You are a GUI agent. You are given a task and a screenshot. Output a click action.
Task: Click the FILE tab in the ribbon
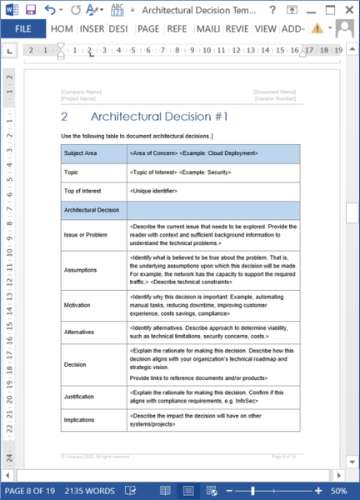pos(23,27)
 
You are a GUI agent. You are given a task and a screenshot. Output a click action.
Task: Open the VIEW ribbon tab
pos(266,27)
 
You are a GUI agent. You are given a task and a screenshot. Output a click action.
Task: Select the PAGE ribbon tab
pos(148,27)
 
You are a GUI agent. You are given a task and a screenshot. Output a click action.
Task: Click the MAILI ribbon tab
pos(207,27)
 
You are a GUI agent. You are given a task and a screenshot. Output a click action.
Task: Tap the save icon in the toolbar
pos(31,8)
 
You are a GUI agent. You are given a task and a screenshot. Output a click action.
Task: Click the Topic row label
pos(72,172)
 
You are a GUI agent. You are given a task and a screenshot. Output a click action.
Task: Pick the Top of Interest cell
pos(82,191)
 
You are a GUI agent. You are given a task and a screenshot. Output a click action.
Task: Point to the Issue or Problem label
pos(86,234)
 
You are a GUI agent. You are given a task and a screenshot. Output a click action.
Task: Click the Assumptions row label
pos(80,270)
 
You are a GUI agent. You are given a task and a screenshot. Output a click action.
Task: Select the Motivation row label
pos(77,305)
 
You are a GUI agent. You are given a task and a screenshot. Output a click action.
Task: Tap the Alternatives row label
pos(80,332)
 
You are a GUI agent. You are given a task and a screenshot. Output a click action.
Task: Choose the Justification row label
pos(79,396)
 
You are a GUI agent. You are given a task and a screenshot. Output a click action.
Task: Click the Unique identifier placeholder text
pos(157,191)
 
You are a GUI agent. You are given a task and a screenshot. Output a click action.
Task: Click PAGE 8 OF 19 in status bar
pos(31,491)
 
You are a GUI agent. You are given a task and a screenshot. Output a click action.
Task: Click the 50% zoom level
pos(341,491)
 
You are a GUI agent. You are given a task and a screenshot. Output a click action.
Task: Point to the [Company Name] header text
pos(81,92)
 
